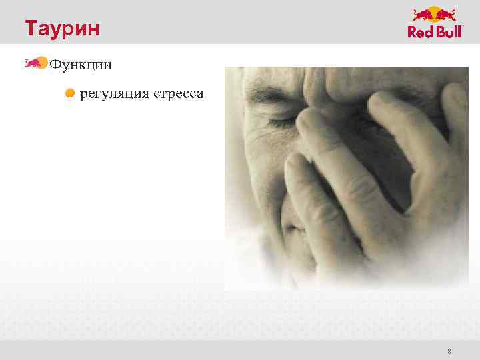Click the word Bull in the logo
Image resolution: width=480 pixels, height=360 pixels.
(x=448, y=31)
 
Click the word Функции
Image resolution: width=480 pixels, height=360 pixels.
(x=81, y=65)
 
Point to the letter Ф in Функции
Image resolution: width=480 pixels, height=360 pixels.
(x=56, y=65)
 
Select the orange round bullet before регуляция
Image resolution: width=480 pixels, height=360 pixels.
(x=70, y=94)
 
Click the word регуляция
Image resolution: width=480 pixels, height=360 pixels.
(x=115, y=95)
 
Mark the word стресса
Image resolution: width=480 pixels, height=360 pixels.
(x=179, y=95)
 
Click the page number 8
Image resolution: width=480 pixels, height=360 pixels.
(x=449, y=351)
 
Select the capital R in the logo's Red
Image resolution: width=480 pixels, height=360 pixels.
(x=413, y=31)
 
